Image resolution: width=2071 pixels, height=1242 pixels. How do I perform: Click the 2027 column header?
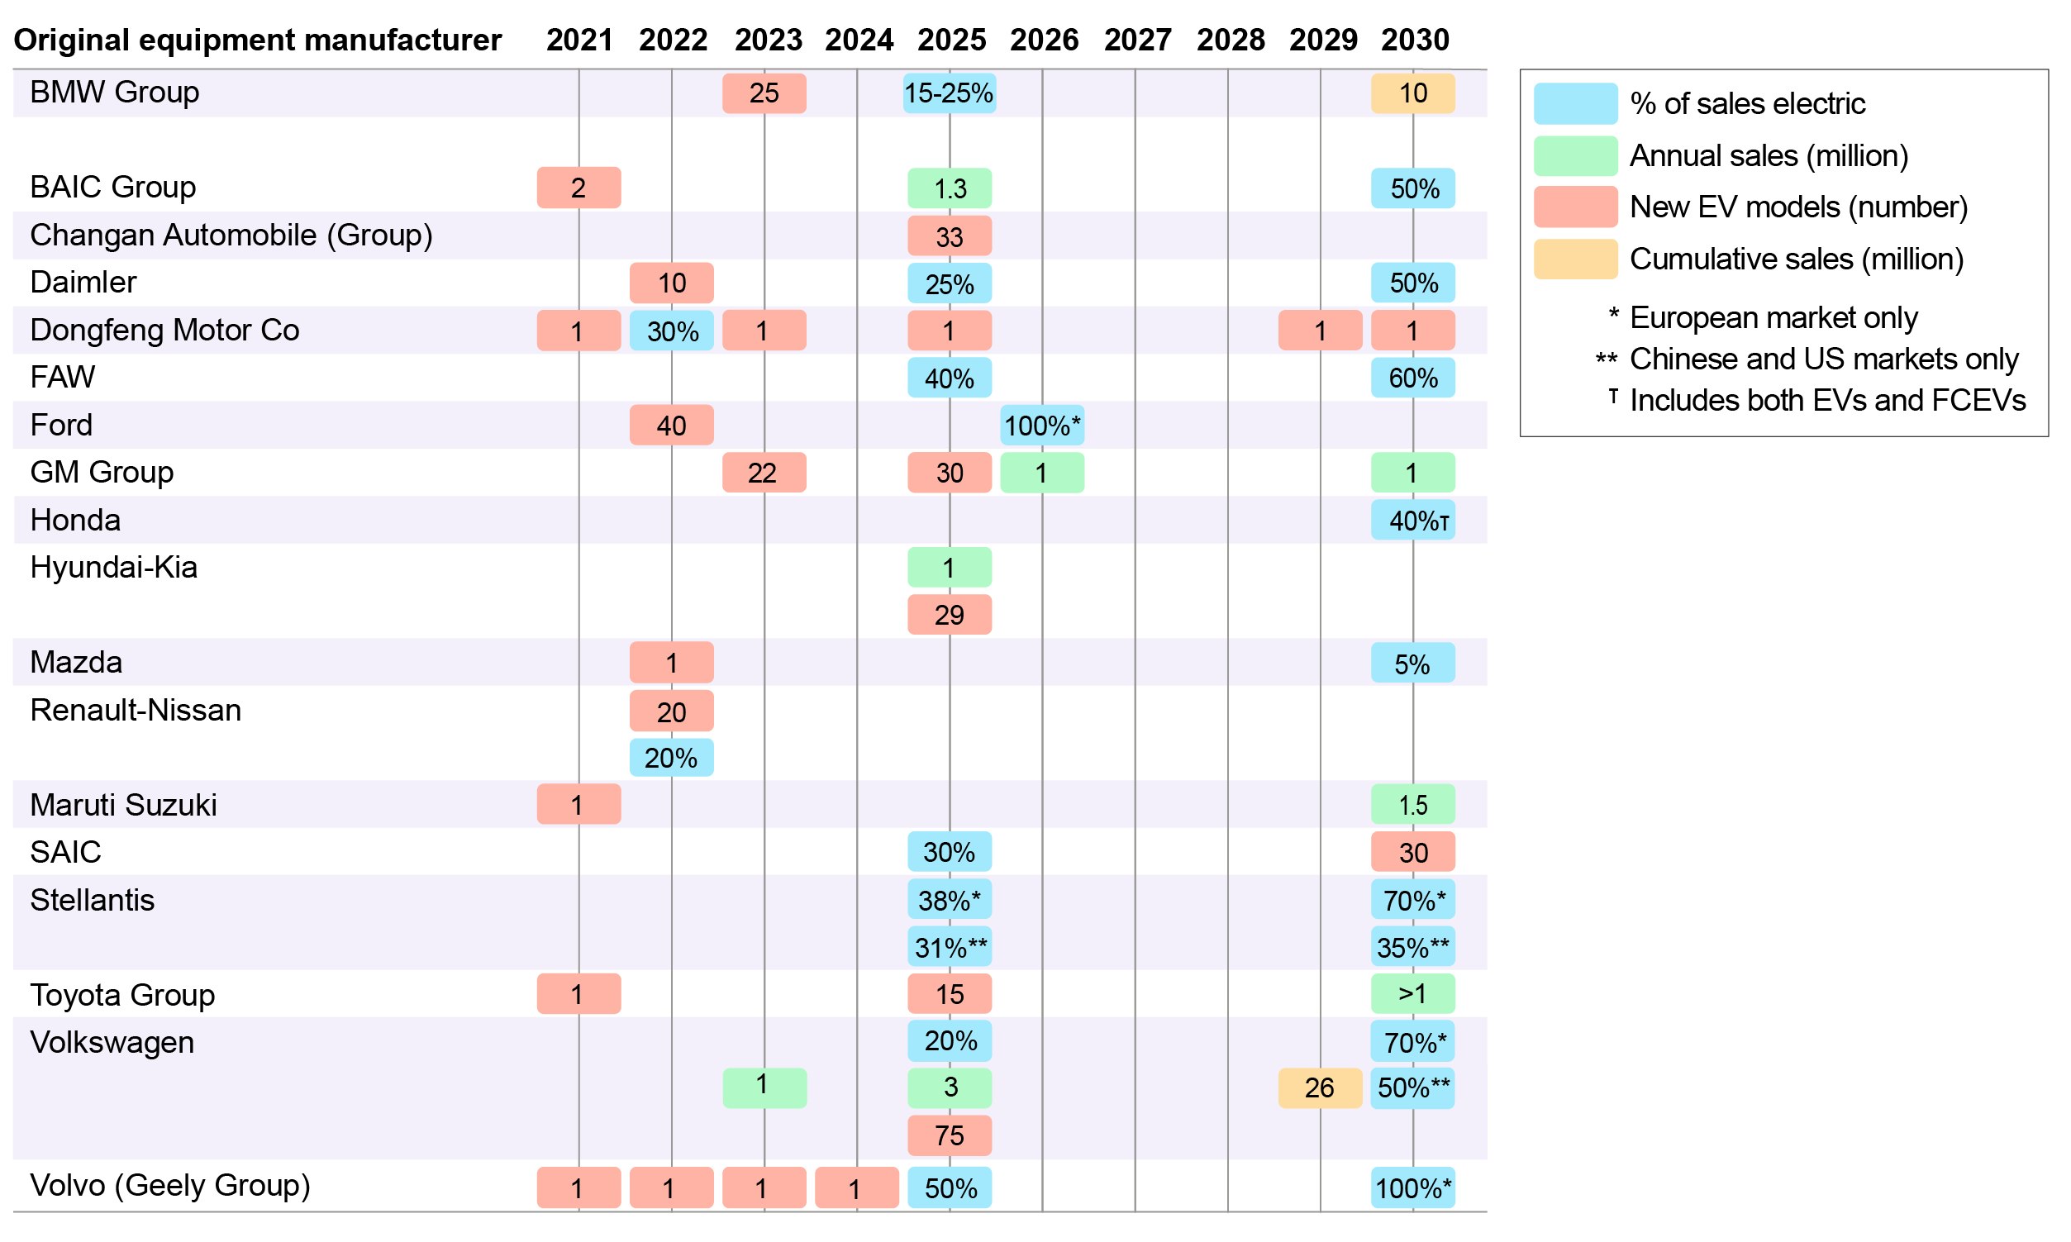[x=1137, y=40]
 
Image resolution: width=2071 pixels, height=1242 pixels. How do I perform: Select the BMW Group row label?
[x=115, y=92]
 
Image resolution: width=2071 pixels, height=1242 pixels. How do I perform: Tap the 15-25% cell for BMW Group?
[x=949, y=93]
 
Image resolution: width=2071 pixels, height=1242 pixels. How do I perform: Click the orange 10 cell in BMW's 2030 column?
[x=1412, y=93]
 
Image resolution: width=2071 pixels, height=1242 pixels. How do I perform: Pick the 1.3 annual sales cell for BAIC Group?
[x=949, y=188]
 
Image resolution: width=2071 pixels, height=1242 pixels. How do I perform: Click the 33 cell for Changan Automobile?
[x=949, y=236]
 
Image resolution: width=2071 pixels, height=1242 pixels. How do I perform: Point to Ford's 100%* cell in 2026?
[x=1042, y=426]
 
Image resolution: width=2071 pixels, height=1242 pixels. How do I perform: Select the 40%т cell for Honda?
[x=1412, y=521]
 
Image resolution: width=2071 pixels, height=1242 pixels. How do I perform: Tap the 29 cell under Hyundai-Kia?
[x=949, y=615]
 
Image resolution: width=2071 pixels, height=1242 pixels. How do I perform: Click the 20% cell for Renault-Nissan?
[x=671, y=758]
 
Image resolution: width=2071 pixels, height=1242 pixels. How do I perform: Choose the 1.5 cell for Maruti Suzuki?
[x=1412, y=804]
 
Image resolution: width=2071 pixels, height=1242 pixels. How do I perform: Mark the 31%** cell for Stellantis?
[x=949, y=947]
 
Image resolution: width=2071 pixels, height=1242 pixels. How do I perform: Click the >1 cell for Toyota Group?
[x=1412, y=993]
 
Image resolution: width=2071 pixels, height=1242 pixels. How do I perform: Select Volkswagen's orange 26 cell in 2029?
[x=1320, y=1088]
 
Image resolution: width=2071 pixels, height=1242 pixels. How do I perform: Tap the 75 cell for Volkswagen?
[x=949, y=1135]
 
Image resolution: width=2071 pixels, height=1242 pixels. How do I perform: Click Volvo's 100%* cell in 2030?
[x=1412, y=1187]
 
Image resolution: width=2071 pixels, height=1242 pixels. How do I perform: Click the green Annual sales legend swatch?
[x=1575, y=155]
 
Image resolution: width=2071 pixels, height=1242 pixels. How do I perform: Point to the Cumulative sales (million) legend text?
[x=1796, y=259]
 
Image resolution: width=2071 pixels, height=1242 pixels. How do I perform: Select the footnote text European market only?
[x=1773, y=317]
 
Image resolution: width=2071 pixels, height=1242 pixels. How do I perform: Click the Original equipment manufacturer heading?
[x=258, y=40]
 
